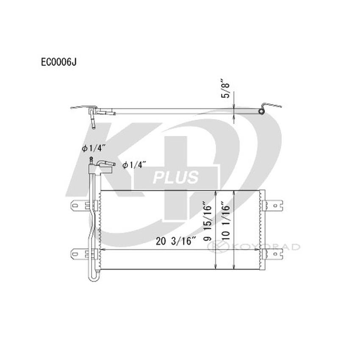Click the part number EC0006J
tap(58, 61)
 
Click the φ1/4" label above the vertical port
tap(91, 148)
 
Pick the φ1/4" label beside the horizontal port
tap(134, 165)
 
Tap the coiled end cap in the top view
tap(261, 111)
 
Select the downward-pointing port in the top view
tap(92, 124)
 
